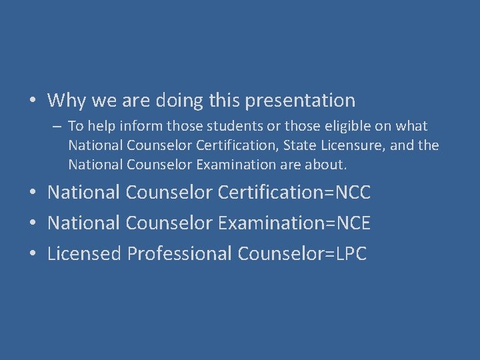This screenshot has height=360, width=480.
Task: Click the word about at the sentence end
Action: click(x=329, y=164)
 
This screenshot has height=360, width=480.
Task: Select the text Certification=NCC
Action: click(x=294, y=193)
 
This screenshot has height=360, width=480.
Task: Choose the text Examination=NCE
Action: click(x=294, y=223)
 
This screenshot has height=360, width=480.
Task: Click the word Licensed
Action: click(x=85, y=254)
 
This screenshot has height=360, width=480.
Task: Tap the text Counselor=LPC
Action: click(x=302, y=254)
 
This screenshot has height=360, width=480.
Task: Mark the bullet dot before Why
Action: click(x=32, y=102)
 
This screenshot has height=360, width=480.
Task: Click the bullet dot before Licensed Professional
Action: click(x=32, y=255)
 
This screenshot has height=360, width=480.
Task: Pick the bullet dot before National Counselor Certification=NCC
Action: click(x=32, y=194)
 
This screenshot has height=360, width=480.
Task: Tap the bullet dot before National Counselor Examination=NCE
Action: click(x=32, y=224)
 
